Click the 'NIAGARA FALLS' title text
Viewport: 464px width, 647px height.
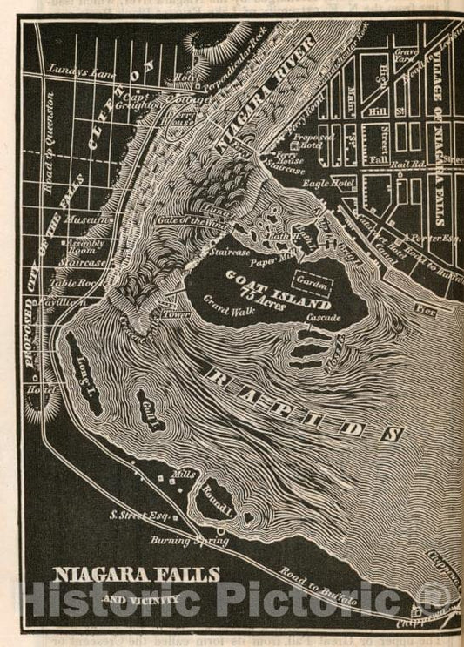pyautogui.click(x=138, y=576)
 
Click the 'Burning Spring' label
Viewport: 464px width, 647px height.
pyautogui.click(x=199, y=540)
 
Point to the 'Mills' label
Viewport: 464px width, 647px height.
pyautogui.click(x=183, y=475)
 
